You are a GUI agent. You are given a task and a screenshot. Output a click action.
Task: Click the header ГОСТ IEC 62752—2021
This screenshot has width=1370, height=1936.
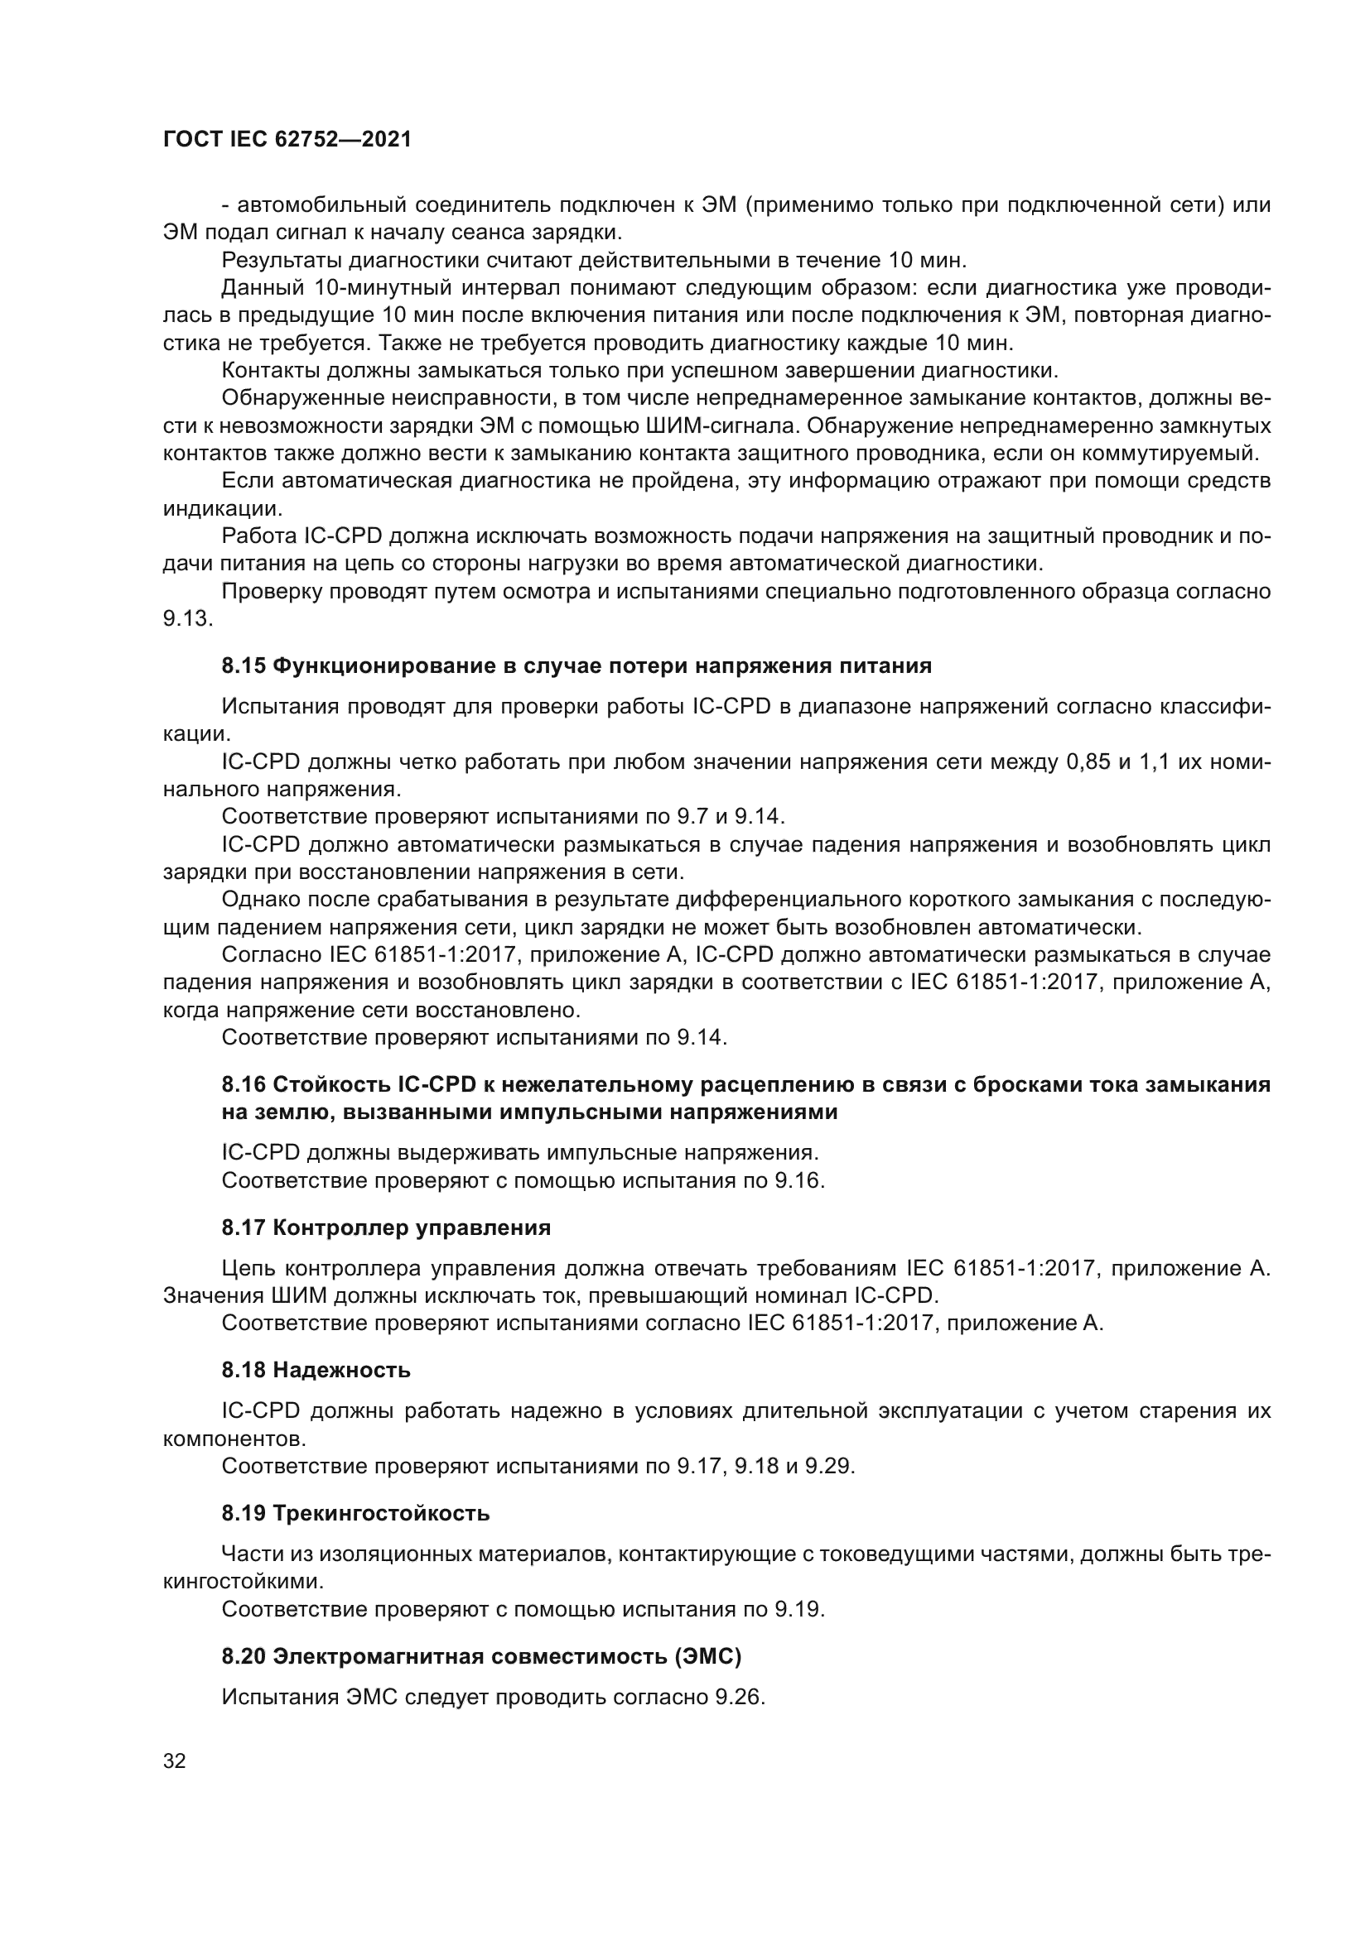point(287,140)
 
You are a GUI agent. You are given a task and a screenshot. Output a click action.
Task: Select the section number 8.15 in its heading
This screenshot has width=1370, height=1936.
point(244,666)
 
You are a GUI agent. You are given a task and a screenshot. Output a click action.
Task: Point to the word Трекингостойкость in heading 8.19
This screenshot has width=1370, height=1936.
point(381,1513)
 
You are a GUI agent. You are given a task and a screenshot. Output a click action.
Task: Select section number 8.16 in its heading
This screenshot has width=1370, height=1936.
point(244,1084)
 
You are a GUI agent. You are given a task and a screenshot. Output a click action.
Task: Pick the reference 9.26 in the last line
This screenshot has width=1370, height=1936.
point(738,1697)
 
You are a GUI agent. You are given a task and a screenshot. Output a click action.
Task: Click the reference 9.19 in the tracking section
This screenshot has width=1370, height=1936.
point(797,1609)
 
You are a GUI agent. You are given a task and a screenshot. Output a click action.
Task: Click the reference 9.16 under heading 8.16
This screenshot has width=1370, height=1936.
point(797,1180)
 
